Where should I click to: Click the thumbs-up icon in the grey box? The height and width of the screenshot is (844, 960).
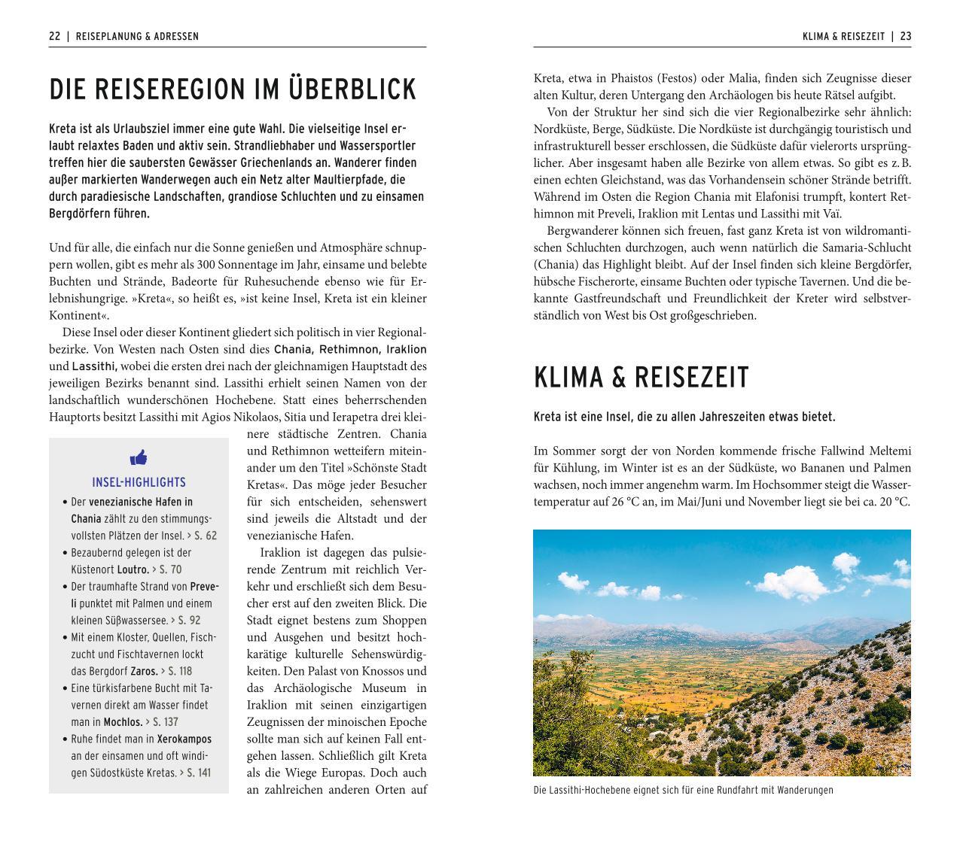click(x=139, y=457)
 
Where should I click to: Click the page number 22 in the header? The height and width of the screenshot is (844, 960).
click(x=54, y=36)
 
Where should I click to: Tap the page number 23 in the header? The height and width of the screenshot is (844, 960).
click(x=905, y=36)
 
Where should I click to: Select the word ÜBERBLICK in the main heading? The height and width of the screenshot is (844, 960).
click(x=352, y=90)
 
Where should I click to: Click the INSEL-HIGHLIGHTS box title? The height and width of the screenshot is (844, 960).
click(x=139, y=482)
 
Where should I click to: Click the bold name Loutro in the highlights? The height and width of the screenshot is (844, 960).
click(x=133, y=569)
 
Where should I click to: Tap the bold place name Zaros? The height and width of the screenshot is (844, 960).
click(x=144, y=671)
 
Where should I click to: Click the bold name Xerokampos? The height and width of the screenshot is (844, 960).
click(x=184, y=739)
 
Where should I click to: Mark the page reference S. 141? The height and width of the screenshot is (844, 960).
click(x=196, y=773)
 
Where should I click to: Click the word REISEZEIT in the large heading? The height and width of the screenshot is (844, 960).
click(x=691, y=378)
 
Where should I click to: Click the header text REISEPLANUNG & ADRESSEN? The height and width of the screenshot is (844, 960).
click(x=138, y=36)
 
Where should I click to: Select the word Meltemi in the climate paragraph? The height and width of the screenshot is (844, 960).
click(x=890, y=451)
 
